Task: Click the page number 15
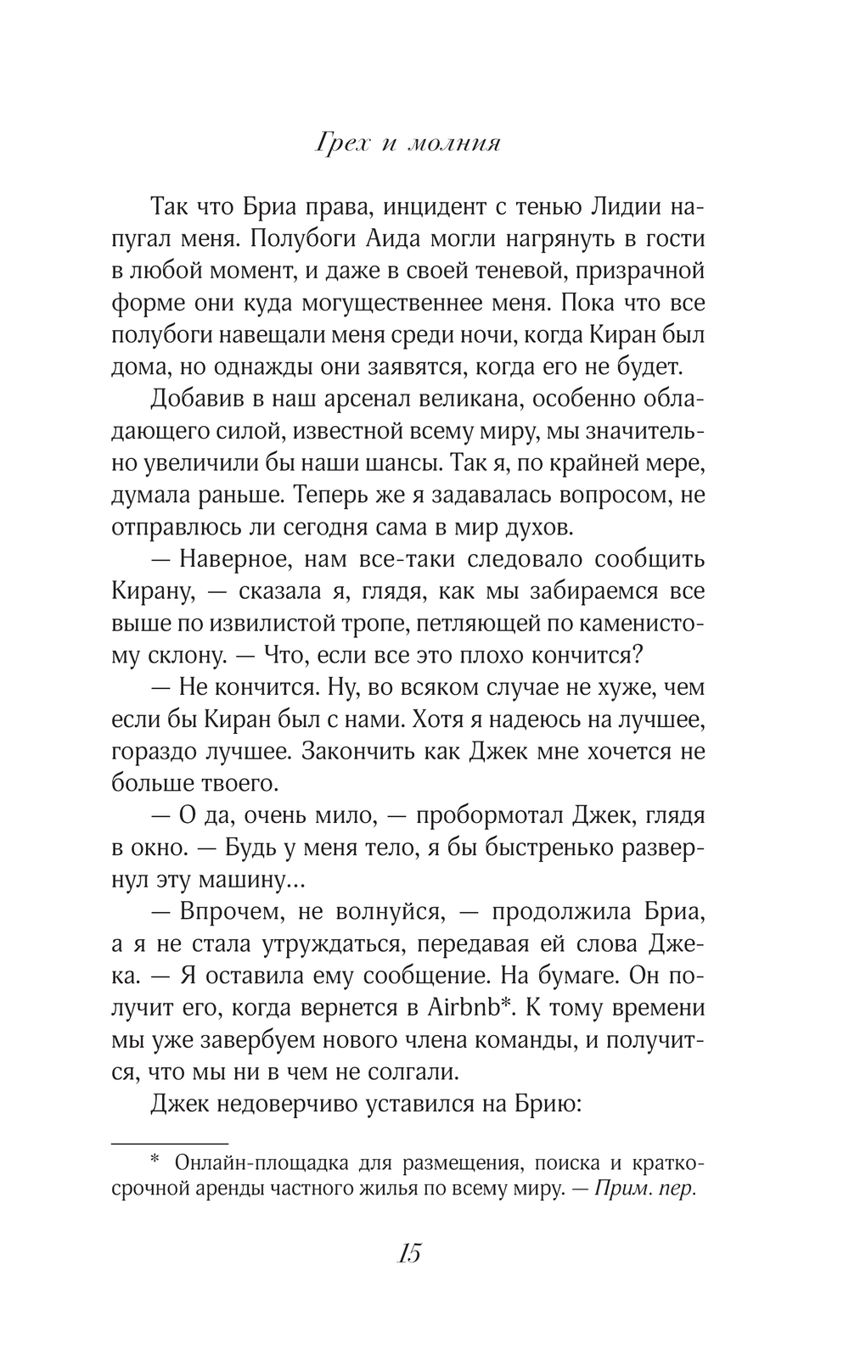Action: (x=408, y=1252)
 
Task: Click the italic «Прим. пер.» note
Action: (x=645, y=1189)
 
